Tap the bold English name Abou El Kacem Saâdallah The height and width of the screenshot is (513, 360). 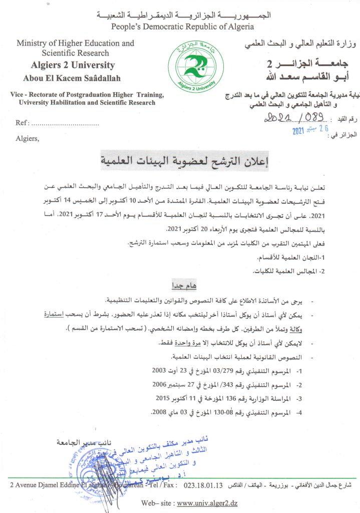click(x=72, y=78)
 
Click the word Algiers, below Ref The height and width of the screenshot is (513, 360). click(x=27, y=138)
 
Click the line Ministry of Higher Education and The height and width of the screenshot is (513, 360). click(x=75, y=43)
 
